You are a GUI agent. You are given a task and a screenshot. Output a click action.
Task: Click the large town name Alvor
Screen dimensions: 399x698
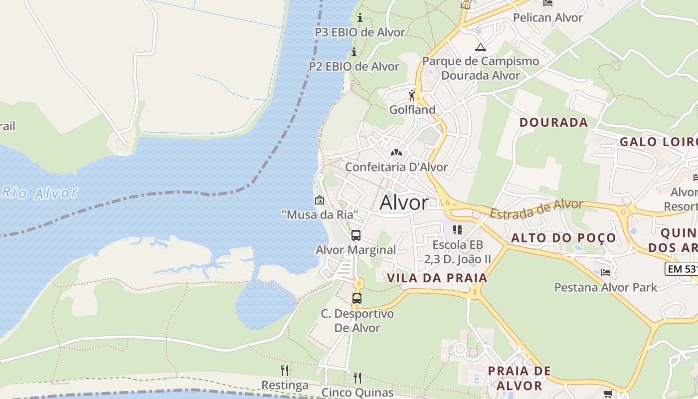[404, 203]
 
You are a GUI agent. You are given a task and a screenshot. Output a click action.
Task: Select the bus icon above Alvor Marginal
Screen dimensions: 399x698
[356, 235]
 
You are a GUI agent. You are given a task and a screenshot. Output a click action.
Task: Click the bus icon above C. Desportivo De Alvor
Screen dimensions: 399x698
[357, 299]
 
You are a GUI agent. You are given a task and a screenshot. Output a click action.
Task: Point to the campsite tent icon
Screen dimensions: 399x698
[480, 47]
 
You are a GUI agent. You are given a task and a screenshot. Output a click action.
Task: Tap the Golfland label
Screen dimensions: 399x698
[412, 110]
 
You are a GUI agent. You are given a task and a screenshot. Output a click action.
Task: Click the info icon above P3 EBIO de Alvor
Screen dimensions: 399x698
[360, 18]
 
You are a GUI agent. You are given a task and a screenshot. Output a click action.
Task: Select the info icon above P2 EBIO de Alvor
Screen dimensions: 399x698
[354, 52]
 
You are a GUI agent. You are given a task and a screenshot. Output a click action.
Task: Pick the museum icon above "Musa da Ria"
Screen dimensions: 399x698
[320, 200]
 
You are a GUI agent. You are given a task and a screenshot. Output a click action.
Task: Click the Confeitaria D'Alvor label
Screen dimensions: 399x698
[396, 167]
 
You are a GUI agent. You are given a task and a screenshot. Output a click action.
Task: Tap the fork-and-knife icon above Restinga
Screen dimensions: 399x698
[285, 370]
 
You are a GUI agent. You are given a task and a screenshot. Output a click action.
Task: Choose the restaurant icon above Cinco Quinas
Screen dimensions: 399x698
[357, 378]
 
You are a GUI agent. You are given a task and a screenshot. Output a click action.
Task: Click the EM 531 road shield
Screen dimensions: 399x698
[682, 269]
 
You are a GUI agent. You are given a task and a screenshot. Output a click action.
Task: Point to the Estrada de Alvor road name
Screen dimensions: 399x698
[536, 208]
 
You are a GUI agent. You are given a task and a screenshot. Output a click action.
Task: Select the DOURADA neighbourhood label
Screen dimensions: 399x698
[553, 123]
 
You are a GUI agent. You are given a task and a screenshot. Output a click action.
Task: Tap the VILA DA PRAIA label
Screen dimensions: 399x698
[437, 278]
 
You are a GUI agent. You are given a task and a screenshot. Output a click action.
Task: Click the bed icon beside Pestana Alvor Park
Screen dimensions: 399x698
[606, 273]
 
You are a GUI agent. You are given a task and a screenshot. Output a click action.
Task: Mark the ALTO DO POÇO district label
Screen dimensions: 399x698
[563, 238]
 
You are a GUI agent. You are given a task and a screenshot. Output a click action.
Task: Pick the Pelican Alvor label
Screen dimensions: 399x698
[547, 18]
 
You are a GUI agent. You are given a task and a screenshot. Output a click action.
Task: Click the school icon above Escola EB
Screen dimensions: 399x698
[458, 230]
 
